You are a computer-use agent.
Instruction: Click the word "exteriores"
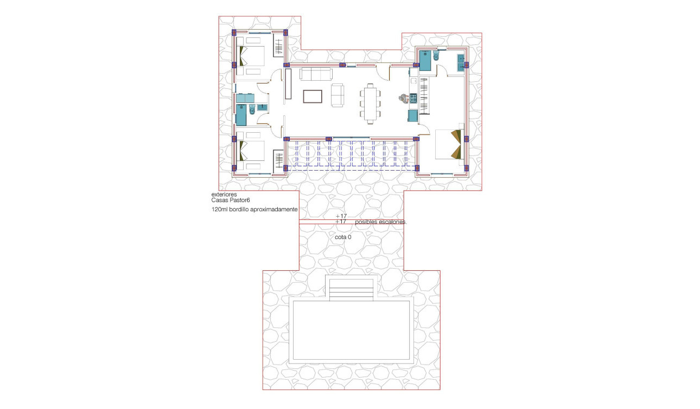(x=223, y=194)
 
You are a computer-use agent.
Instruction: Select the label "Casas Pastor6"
(x=231, y=199)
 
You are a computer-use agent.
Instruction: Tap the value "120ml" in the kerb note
(x=220, y=209)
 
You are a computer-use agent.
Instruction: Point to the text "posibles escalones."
(x=380, y=222)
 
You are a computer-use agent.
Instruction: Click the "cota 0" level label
(x=343, y=237)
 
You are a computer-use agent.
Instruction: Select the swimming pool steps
(x=351, y=288)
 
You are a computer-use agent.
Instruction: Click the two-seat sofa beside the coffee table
(x=338, y=95)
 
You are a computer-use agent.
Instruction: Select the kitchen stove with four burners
(x=413, y=98)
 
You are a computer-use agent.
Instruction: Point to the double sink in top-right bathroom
(x=462, y=62)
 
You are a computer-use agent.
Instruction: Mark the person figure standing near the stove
(x=403, y=98)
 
